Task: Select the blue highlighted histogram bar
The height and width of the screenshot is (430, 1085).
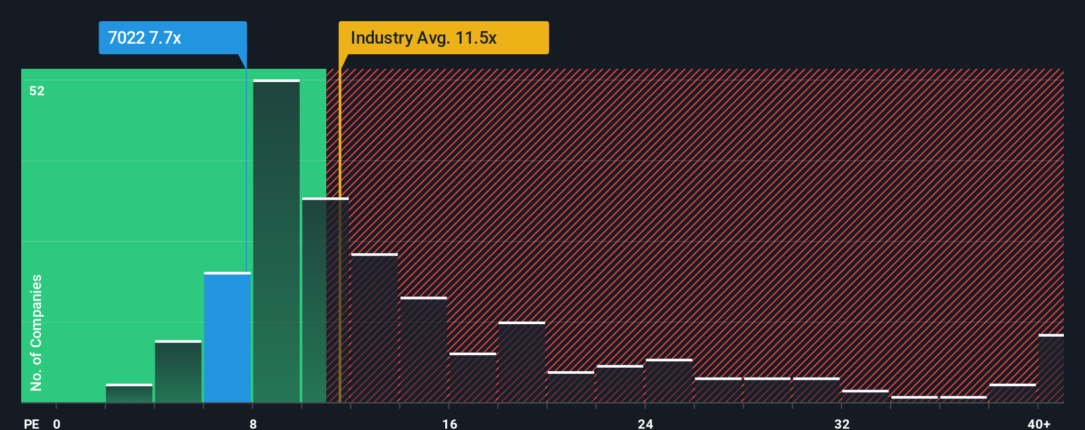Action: point(227,337)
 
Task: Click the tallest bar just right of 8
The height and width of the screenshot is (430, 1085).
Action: point(277,241)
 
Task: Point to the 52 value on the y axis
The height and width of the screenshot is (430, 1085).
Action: point(37,91)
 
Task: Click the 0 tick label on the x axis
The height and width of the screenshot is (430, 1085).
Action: point(57,423)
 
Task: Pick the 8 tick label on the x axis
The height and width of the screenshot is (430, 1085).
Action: point(253,423)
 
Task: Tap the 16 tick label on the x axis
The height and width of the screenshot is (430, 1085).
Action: point(449,423)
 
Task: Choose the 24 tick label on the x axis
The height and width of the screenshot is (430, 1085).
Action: point(645,423)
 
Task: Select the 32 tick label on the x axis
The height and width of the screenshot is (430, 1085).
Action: point(842,423)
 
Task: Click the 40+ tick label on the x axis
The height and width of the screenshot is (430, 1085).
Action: point(1039,423)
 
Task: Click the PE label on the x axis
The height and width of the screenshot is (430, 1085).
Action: point(31,423)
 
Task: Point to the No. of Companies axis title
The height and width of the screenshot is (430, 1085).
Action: point(36,332)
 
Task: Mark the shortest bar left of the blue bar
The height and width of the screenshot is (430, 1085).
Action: point(129,393)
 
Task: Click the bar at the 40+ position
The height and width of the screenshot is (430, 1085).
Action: point(1051,368)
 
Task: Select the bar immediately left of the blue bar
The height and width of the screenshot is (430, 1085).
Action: point(178,372)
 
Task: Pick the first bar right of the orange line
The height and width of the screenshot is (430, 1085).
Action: point(374,328)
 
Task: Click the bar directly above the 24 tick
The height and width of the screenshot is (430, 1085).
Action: point(669,381)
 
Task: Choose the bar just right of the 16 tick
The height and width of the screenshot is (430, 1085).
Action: point(472,378)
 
